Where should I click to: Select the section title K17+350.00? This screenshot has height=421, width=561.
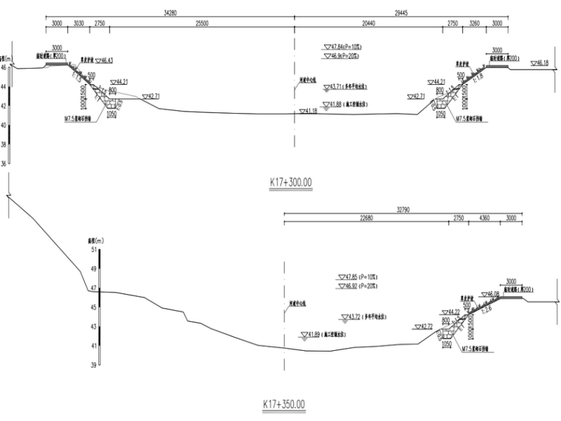click(x=283, y=405)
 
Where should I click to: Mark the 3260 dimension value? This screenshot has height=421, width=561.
click(x=474, y=24)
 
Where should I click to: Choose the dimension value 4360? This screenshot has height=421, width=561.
click(x=484, y=219)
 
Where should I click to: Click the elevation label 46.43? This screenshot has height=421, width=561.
click(x=106, y=60)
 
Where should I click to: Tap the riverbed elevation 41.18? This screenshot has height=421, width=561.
click(x=309, y=111)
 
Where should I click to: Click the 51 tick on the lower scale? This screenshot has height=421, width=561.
click(x=93, y=250)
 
